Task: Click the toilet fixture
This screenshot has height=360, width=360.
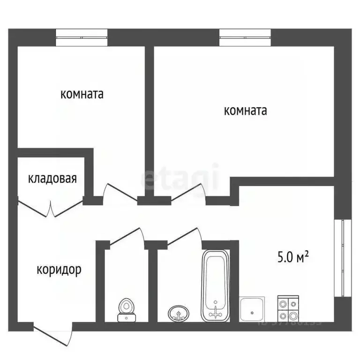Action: point(125,310)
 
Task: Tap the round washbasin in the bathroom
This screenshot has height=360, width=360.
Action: point(179,313)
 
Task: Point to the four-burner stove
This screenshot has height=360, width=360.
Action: point(288,309)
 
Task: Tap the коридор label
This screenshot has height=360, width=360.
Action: point(59,270)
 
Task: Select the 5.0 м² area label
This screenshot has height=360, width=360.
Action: point(292,257)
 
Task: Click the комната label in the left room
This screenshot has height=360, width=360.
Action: point(82,94)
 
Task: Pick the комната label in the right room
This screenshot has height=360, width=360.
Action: point(246,111)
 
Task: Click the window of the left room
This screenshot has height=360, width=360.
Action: point(82,37)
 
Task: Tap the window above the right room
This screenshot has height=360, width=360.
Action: point(245,37)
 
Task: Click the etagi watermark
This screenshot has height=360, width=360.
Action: point(180,177)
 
